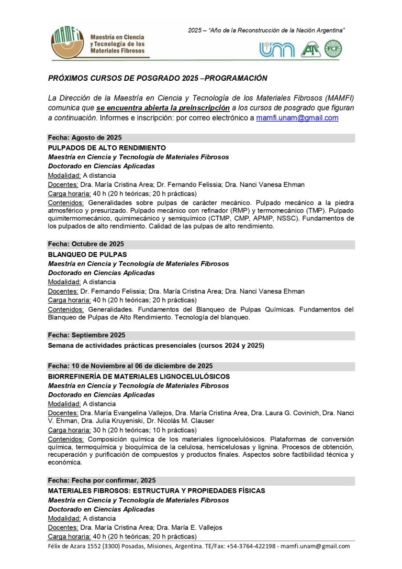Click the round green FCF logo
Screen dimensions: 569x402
(x=333, y=49)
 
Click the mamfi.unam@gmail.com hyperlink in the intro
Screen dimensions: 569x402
(x=297, y=118)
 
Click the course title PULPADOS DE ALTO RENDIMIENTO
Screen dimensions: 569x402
(x=107, y=148)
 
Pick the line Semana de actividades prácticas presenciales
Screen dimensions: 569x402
(x=156, y=346)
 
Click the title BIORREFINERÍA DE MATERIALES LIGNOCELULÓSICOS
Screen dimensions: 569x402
(x=139, y=377)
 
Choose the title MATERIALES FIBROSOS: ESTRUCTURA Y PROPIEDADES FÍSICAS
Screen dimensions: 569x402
(x=156, y=491)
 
